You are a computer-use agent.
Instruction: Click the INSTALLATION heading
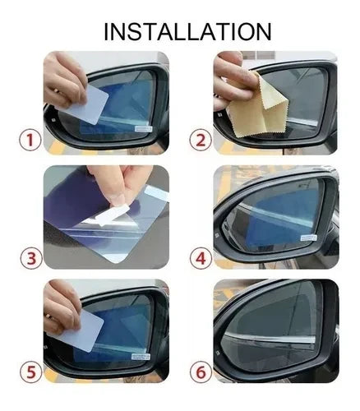187,31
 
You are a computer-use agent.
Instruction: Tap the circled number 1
30,141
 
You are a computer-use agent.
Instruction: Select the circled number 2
201,141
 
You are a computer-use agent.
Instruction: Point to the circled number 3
31,258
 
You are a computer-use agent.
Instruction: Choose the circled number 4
201,258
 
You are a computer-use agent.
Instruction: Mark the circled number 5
31,372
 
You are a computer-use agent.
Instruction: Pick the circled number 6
201,372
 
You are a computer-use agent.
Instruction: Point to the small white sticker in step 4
309,238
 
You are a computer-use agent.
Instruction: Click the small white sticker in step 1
144,129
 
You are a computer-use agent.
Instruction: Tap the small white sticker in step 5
141,357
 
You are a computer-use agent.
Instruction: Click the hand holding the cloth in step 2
233,80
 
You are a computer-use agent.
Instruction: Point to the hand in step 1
65,80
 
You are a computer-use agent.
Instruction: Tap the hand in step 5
62,307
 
